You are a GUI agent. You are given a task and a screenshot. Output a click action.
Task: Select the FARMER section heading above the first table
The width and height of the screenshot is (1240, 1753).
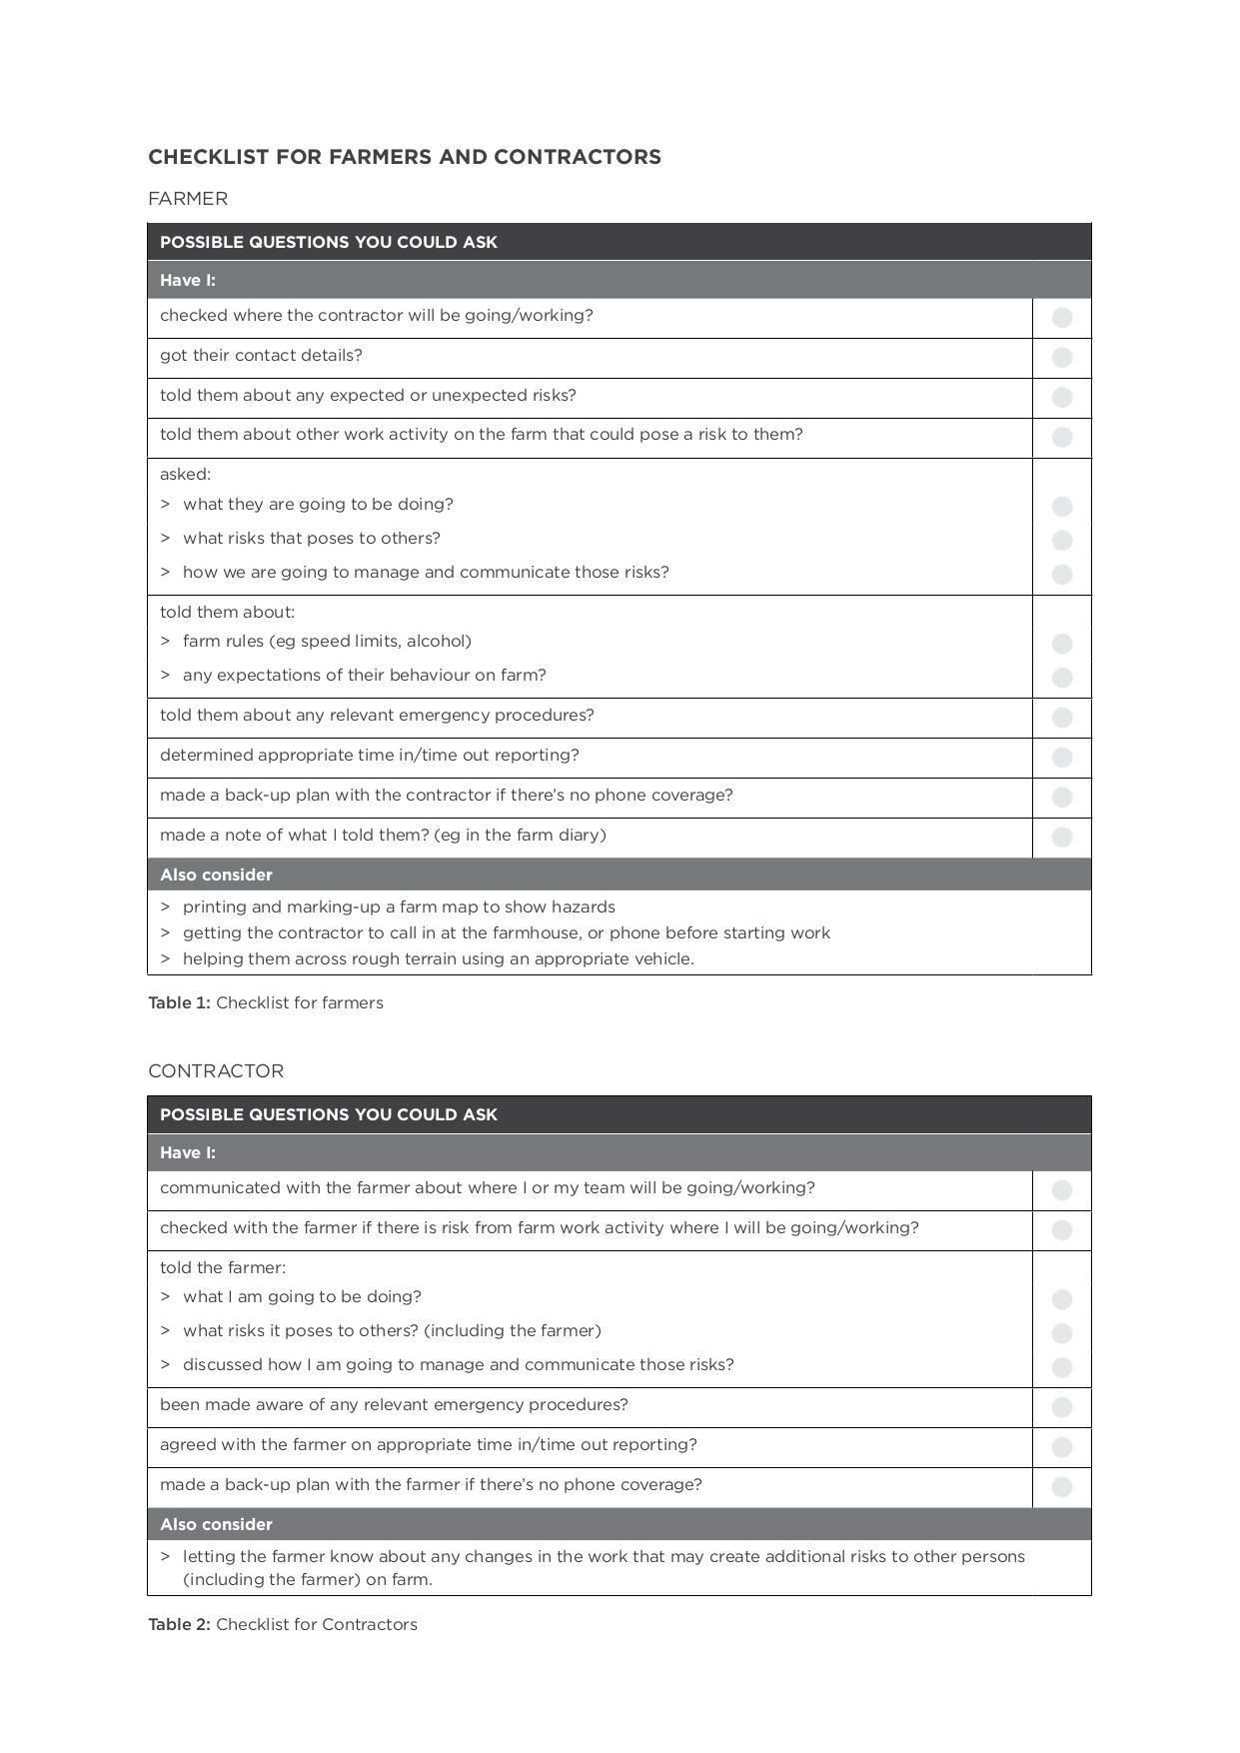click(x=188, y=199)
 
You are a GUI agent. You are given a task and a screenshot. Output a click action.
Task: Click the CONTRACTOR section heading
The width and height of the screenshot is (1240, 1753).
click(x=216, y=1071)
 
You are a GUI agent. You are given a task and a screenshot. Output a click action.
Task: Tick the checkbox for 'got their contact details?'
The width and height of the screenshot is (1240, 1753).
click(x=1062, y=358)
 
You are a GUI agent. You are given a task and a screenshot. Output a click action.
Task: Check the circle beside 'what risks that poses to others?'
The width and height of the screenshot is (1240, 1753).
click(x=1062, y=541)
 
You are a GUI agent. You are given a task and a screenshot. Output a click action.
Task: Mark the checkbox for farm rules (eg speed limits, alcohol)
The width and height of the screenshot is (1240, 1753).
click(x=1062, y=644)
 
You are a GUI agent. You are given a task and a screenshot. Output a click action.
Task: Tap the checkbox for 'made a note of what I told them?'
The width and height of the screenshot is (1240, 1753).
click(x=1062, y=838)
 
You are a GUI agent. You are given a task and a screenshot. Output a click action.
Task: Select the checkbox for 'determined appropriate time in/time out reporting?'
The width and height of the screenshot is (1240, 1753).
click(x=1062, y=758)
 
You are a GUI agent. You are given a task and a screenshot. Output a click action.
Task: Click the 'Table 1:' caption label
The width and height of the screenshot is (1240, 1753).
click(x=179, y=1003)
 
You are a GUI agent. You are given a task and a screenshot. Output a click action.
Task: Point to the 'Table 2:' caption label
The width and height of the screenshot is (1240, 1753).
click(x=179, y=1625)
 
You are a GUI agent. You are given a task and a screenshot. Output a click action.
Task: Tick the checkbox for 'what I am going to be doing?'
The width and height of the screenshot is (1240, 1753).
click(x=1062, y=1299)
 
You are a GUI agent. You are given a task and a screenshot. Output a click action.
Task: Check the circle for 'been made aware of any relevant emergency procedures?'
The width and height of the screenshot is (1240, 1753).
click(x=1062, y=1407)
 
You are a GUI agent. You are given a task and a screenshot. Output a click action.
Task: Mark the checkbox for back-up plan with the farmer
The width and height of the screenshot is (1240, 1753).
click(x=1062, y=1487)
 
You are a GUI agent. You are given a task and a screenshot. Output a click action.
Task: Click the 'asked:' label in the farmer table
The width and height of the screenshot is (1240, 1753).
click(x=185, y=475)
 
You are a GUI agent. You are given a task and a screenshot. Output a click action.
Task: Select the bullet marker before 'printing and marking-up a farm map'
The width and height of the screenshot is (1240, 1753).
click(x=165, y=907)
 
